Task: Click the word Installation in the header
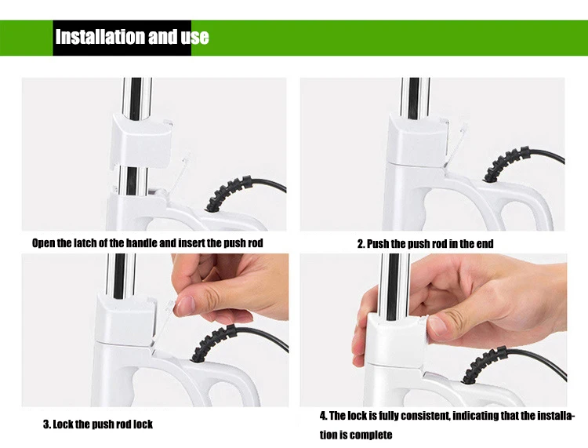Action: click(100, 37)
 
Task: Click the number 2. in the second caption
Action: click(361, 244)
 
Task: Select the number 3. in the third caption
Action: click(47, 424)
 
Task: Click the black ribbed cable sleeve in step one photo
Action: click(228, 192)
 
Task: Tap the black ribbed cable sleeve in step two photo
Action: click(506, 164)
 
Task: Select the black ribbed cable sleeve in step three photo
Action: click(214, 343)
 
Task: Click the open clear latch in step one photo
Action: click(181, 171)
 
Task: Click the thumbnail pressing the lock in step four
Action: click(437, 326)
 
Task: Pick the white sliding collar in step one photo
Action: click(140, 143)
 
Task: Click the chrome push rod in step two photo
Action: click(415, 98)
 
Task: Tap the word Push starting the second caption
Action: click(378, 244)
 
